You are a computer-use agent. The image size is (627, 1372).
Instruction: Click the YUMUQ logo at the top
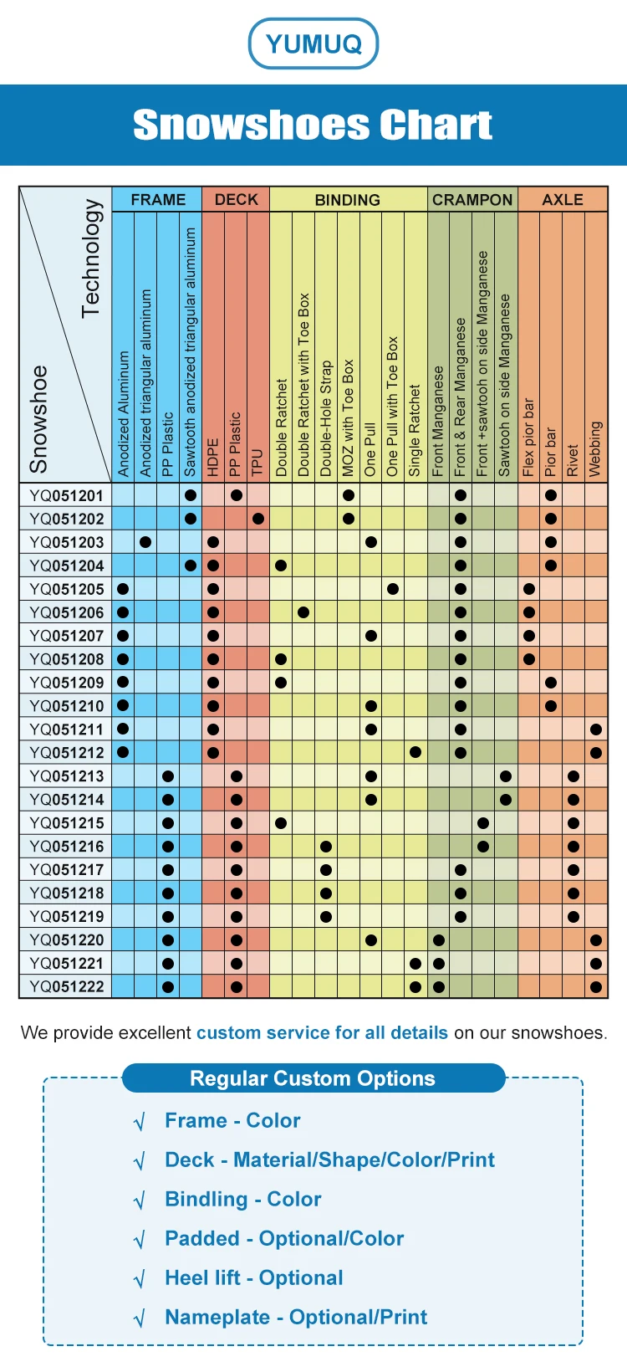coord(313,44)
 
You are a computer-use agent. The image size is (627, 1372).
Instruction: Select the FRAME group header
coord(158,200)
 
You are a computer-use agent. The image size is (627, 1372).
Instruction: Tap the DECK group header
coord(237,200)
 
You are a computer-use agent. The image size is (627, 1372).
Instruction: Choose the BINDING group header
coord(347,200)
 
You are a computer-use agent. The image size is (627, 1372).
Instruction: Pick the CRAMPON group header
coord(472,200)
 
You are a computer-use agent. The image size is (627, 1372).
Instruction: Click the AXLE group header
coord(563,200)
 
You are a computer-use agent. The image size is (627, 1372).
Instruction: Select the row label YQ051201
coord(66,495)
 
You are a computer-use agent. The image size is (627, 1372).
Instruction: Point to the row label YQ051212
coord(66,753)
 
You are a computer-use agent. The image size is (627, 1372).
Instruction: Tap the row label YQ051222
coord(66,987)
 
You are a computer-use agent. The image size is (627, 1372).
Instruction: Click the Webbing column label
coord(595,449)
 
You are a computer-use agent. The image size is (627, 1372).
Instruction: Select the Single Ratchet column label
coord(415,431)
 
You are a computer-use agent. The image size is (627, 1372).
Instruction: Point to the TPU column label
coord(257,463)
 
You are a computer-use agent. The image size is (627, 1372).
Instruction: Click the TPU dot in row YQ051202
coord(258,519)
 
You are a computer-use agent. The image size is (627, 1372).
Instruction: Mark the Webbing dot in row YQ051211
coord(595,730)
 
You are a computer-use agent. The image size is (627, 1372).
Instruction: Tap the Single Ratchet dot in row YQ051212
coord(415,753)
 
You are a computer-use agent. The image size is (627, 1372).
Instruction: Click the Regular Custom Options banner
coord(313,1078)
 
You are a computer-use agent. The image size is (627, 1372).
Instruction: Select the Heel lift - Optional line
coord(254,1278)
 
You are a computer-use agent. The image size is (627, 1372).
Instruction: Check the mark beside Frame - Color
coord(140,1122)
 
